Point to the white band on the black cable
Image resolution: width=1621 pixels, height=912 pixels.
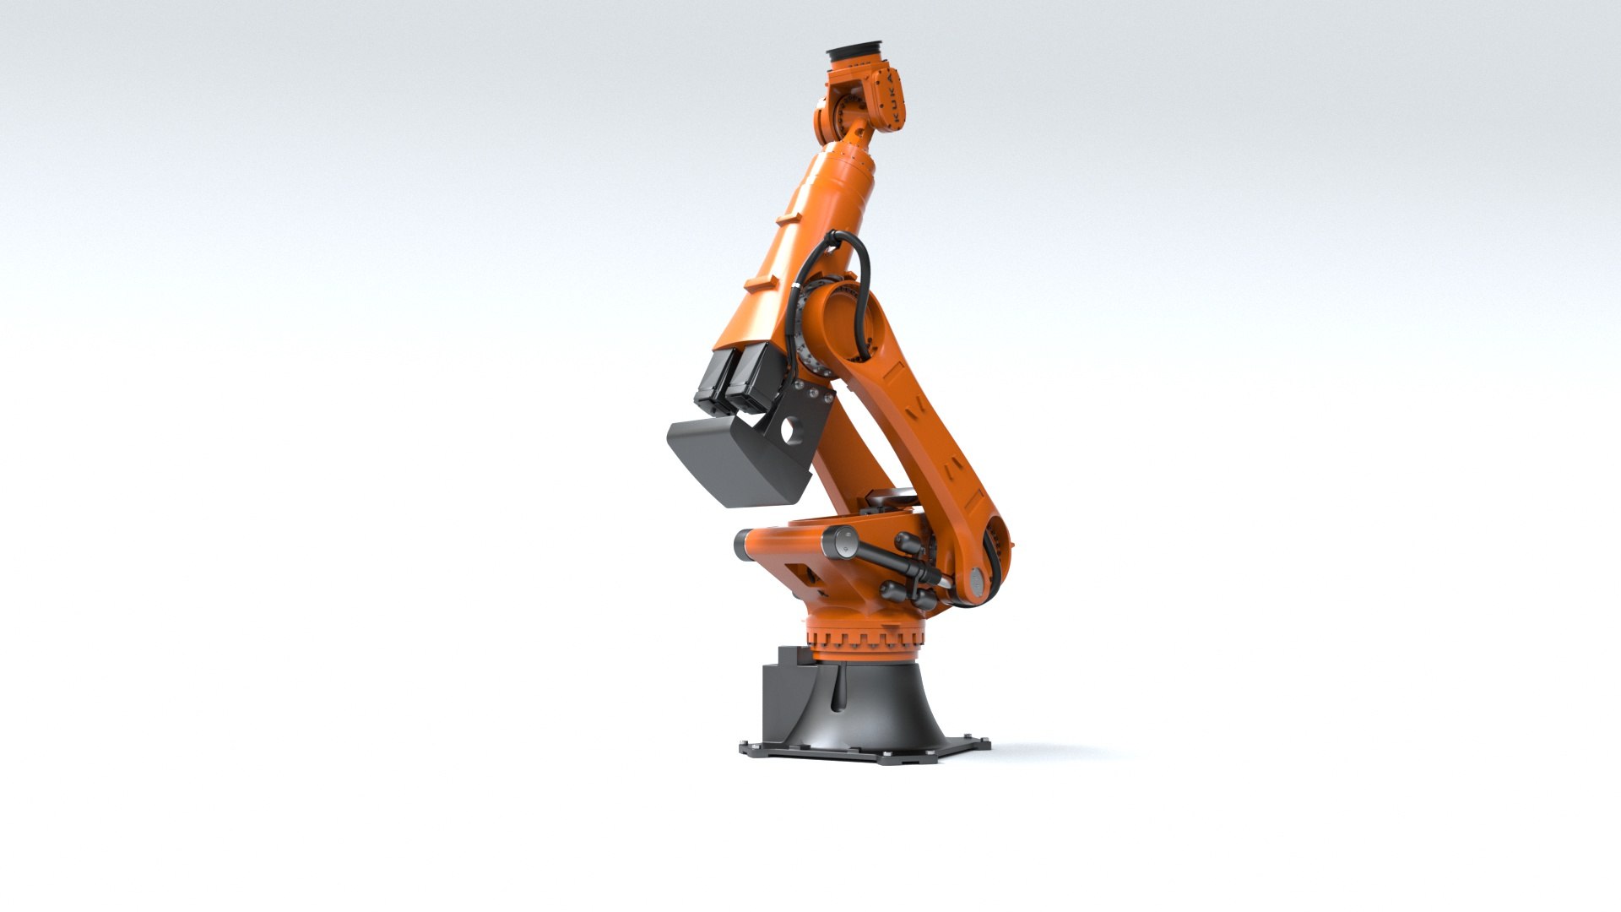[799, 292]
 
